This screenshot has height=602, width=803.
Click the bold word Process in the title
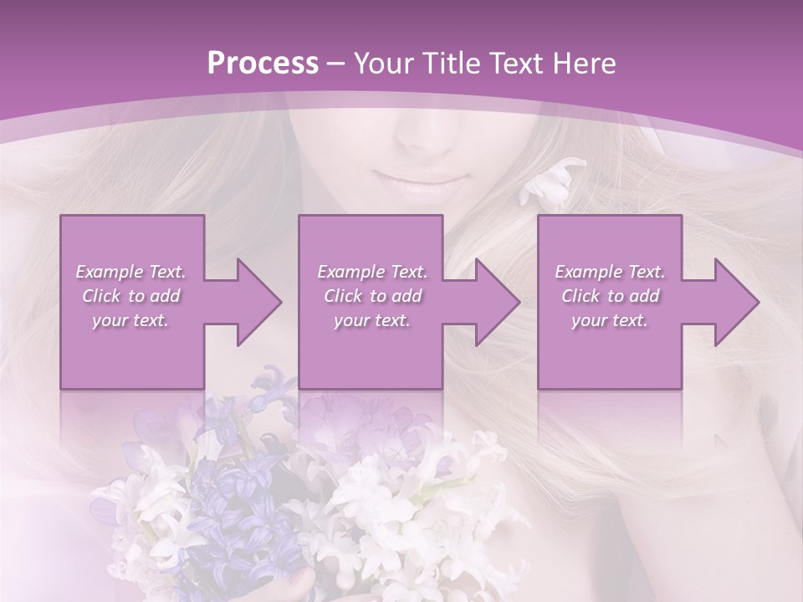[263, 64]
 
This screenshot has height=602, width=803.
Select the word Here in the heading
[585, 64]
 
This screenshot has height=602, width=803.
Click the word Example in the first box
[109, 272]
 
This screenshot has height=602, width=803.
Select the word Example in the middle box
[350, 272]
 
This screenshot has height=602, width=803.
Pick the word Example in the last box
[588, 272]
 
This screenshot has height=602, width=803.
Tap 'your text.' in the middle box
[371, 320]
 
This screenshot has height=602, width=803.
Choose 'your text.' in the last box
[609, 320]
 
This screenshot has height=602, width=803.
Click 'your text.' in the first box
[130, 320]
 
